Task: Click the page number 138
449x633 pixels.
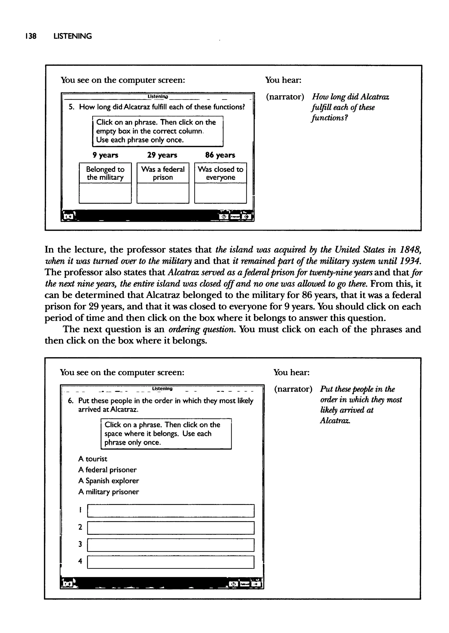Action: [x=31, y=36]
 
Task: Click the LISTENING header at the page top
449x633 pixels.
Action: [x=73, y=36]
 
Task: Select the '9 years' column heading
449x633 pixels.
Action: [x=105, y=155]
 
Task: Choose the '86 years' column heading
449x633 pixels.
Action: [x=220, y=155]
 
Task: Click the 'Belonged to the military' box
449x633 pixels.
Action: [x=105, y=173]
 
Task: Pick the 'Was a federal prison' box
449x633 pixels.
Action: [x=163, y=173]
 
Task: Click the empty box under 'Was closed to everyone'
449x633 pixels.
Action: [x=220, y=193]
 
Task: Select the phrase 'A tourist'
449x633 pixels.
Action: [x=93, y=459]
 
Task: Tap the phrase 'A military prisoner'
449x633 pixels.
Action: [x=108, y=492]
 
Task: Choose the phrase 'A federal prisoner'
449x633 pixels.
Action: [x=107, y=470]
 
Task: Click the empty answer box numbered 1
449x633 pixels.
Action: [x=171, y=511]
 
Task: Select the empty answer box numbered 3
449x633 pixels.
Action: [x=171, y=545]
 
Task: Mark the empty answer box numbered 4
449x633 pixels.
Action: [x=171, y=562]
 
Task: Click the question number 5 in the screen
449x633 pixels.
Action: [x=71, y=107]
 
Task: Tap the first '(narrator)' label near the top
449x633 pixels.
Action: [x=285, y=97]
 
